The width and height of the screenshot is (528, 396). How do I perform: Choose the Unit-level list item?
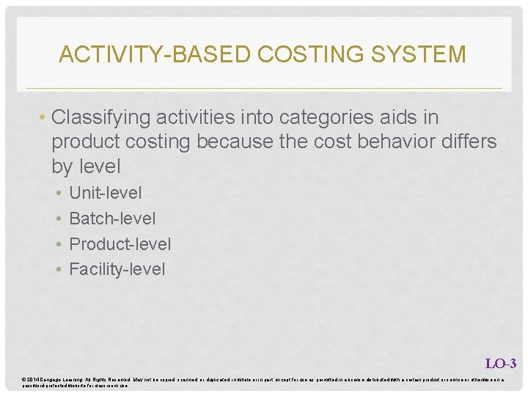tap(105, 194)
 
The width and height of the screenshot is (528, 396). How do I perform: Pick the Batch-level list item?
tap(112, 219)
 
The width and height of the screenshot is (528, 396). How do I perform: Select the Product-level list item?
tap(120, 244)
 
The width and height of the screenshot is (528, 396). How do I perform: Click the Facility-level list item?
tap(117, 269)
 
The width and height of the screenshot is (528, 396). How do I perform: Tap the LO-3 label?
tap(501, 363)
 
